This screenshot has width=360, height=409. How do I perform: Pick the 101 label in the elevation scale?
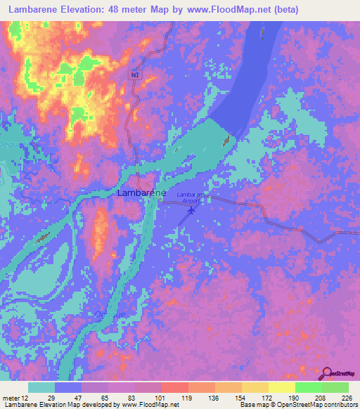(161, 398)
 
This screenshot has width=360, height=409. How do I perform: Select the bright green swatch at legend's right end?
(335, 387)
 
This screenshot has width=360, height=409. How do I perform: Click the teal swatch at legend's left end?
(41, 387)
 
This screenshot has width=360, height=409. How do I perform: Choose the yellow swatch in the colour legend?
(281, 387)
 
